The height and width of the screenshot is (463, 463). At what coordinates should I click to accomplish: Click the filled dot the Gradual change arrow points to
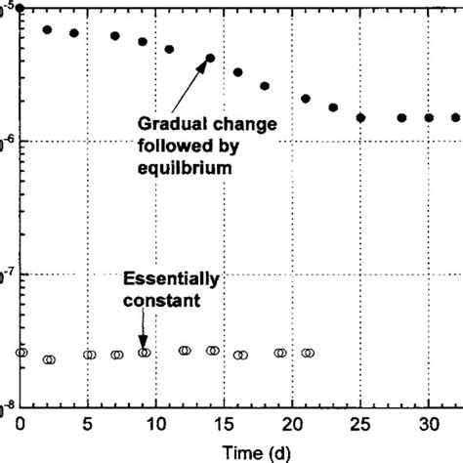(210, 58)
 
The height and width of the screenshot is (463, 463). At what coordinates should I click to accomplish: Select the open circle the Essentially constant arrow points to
(145, 352)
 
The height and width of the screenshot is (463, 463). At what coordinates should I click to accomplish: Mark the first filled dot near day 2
(47, 30)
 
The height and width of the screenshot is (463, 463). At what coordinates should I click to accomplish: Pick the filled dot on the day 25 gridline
(360, 117)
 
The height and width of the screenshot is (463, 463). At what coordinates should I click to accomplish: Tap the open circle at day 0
(21, 352)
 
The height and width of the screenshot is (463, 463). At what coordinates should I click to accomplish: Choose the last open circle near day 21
(309, 353)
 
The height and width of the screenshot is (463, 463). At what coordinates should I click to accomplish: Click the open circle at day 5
(89, 355)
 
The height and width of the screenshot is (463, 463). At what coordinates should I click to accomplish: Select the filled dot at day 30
(428, 117)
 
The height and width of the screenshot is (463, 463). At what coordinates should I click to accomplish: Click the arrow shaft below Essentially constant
(144, 327)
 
